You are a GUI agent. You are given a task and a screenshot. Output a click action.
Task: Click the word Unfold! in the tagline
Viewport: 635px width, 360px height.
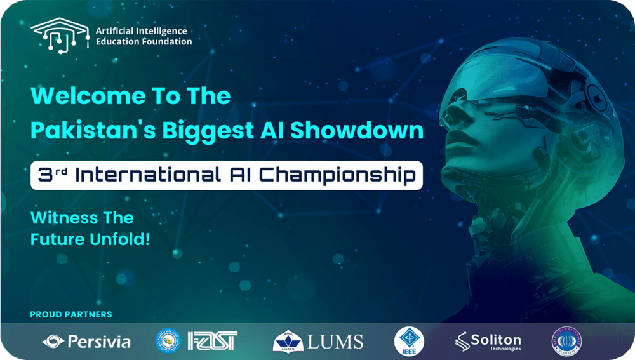124,240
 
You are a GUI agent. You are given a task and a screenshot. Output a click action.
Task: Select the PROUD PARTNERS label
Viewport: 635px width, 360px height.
71,314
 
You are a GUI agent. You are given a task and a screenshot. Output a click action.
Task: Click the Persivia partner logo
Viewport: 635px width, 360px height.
86,342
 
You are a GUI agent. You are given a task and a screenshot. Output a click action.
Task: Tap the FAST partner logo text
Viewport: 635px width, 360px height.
213,341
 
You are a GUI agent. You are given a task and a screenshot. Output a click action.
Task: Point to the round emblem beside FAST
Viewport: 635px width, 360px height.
168,341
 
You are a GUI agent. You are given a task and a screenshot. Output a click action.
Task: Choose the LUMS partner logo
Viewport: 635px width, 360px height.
318,342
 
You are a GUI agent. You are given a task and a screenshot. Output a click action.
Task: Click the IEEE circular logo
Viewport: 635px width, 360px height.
409,341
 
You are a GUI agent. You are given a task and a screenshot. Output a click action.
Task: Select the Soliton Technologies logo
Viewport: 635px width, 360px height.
488,342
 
